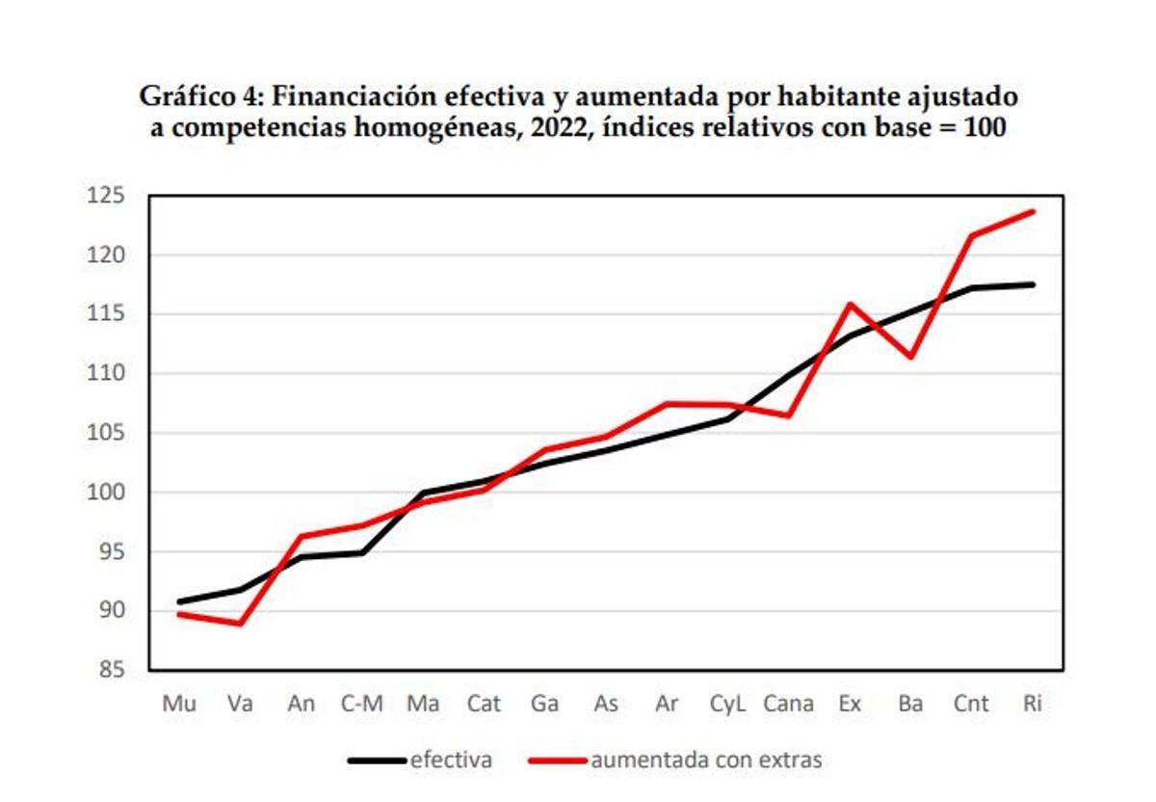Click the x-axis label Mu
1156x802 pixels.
[179, 705]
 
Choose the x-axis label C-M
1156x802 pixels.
[361, 705]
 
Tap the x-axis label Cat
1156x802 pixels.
[484, 705]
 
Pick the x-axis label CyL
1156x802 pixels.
[727, 705]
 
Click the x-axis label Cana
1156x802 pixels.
[788, 705]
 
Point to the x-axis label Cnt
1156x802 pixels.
[970, 705]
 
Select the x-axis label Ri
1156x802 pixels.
[1032, 705]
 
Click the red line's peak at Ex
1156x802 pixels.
[850, 305]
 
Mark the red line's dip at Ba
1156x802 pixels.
[910, 357]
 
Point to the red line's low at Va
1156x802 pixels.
[240, 624]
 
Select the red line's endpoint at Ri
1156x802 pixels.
[1033, 211]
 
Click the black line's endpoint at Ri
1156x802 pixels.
[1033, 284]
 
